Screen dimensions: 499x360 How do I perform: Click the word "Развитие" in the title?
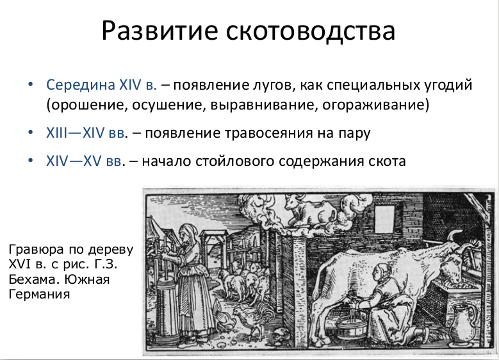[160, 31]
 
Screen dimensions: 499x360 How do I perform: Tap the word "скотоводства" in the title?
[311, 31]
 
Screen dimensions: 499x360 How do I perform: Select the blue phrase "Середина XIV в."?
[101, 85]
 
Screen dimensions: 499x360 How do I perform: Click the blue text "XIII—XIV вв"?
[85, 133]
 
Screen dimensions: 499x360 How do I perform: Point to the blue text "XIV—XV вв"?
[84, 161]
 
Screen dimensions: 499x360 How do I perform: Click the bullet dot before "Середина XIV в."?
[31, 85]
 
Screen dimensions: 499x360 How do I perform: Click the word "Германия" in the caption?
[39, 294]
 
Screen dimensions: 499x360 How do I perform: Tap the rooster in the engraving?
[254, 319]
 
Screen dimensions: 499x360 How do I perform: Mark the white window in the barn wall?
[384, 218]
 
